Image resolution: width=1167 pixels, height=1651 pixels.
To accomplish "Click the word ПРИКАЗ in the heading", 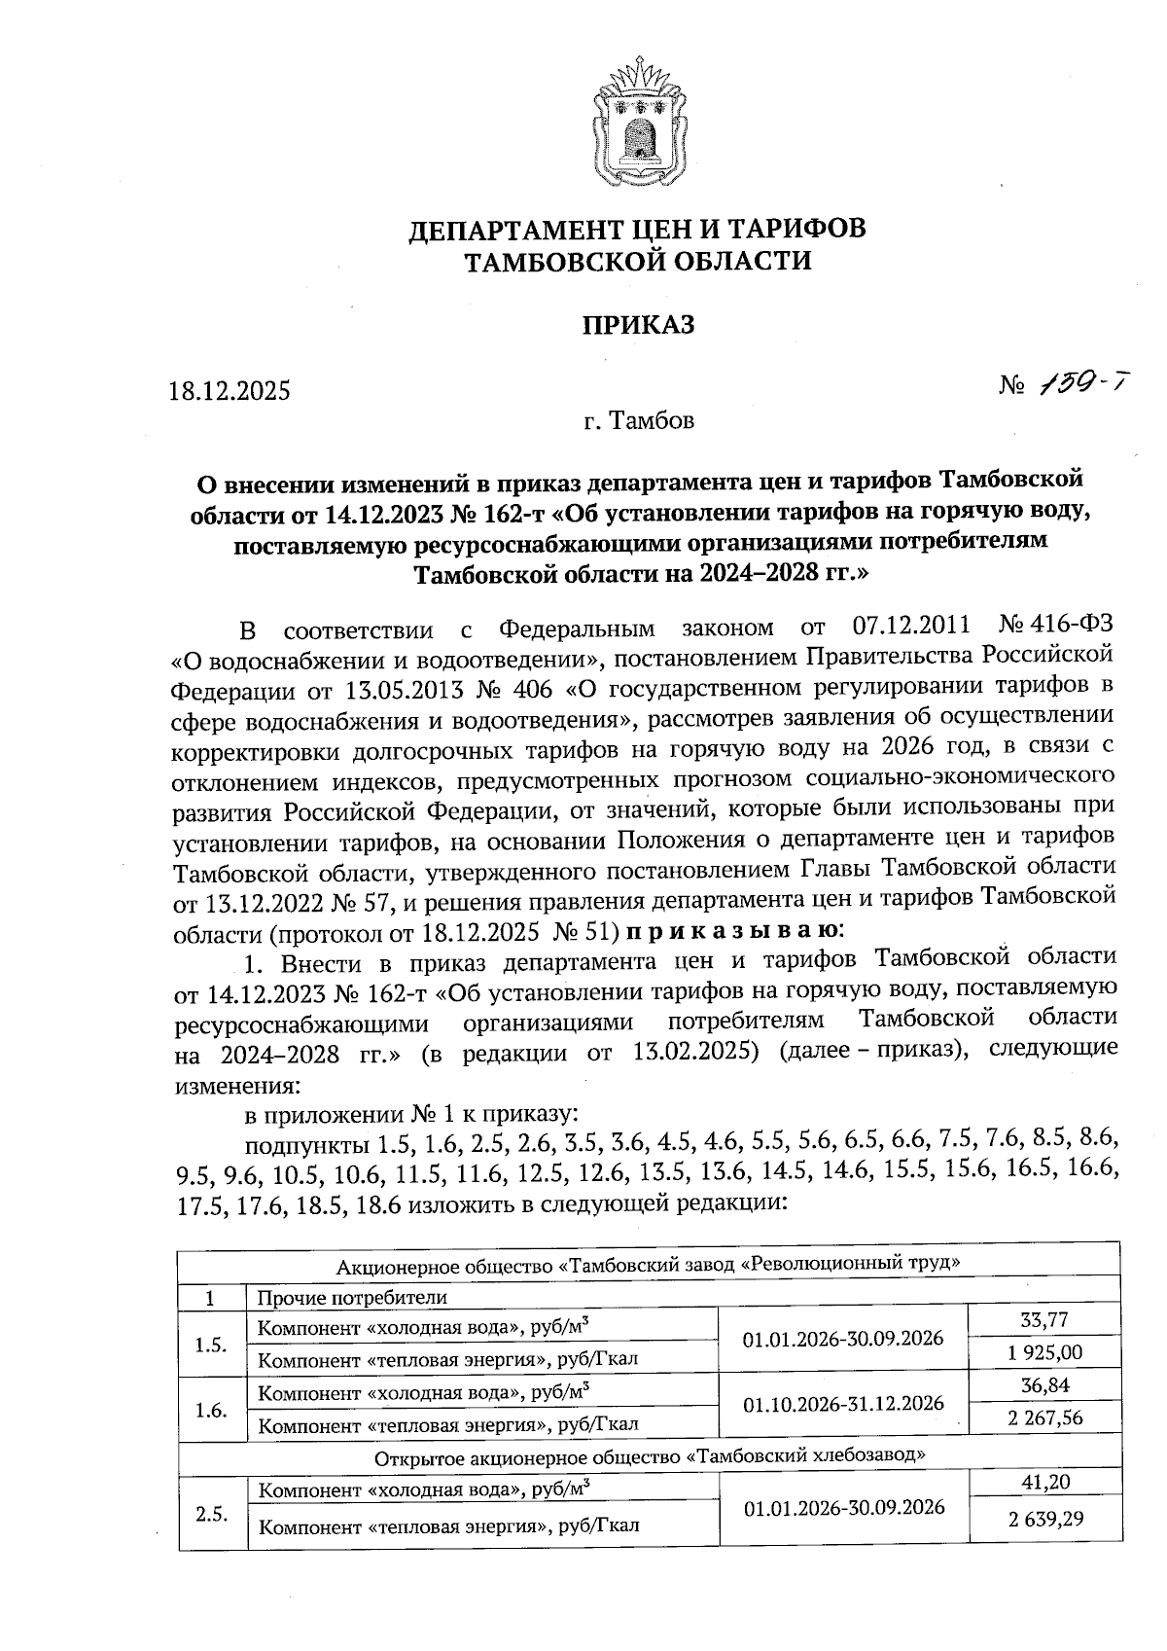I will [x=638, y=324].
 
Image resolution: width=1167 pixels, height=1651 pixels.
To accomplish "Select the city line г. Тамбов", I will [x=639, y=421].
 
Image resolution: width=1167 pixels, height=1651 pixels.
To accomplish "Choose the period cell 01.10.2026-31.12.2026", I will [x=843, y=1403].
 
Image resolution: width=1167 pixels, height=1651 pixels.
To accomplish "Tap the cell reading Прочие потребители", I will [x=351, y=1298].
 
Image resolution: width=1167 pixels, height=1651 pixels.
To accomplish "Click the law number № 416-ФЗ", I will [x=1055, y=628].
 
